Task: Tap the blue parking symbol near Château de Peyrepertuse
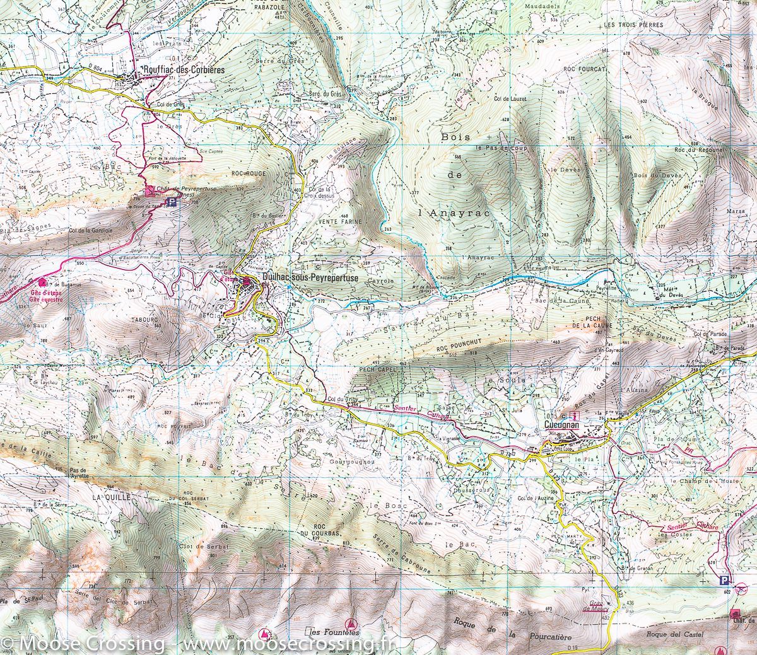point(171,204)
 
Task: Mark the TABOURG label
point(144,319)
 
